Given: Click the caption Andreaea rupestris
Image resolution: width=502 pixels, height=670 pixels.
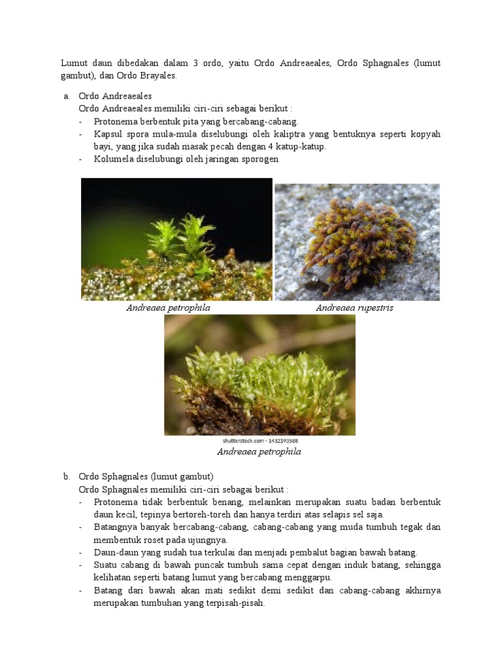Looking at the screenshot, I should (354, 308).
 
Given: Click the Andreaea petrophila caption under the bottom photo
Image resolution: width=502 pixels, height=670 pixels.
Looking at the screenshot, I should (259, 451).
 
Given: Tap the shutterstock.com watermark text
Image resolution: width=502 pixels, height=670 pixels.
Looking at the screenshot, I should (259, 441).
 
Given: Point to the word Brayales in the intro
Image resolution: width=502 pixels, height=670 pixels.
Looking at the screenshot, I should (158, 75).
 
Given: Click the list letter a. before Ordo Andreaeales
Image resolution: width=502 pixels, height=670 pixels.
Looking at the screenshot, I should (66, 96).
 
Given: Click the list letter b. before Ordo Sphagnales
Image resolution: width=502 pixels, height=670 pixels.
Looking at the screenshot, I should (66, 476).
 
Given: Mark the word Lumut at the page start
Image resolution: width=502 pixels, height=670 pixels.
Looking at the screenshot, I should (74, 63).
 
